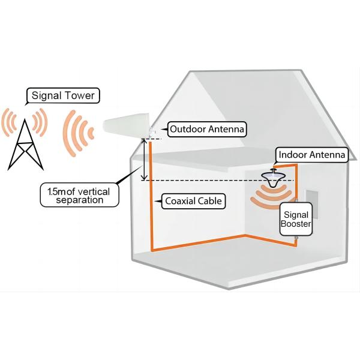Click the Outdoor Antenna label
(x=207, y=129)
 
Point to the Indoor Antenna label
(x=310, y=155)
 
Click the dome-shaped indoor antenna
(x=274, y=180)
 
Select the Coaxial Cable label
(x=191, y=201)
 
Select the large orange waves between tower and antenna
(x=77, y=133)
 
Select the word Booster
(x=296, y=226)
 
